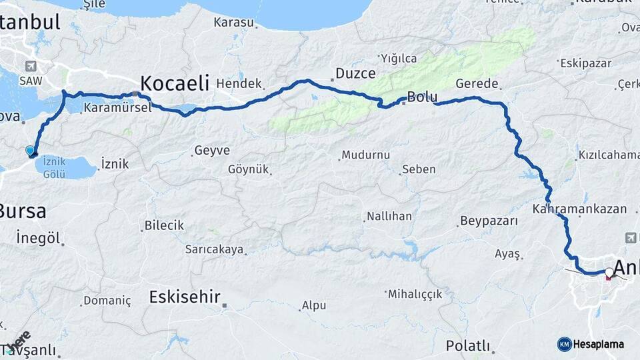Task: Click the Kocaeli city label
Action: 174,83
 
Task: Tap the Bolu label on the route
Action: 422,97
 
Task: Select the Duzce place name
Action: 355,73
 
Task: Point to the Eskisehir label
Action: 185,297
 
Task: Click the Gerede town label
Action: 477,84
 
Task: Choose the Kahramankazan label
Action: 580,209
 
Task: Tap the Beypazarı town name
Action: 489,221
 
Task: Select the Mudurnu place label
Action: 365,155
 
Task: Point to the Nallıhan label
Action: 389,217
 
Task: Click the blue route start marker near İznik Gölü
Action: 31,151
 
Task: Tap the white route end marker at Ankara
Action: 609,272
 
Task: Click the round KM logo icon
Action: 564,344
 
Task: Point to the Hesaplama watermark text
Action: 598,344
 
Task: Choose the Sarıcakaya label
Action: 215,250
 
